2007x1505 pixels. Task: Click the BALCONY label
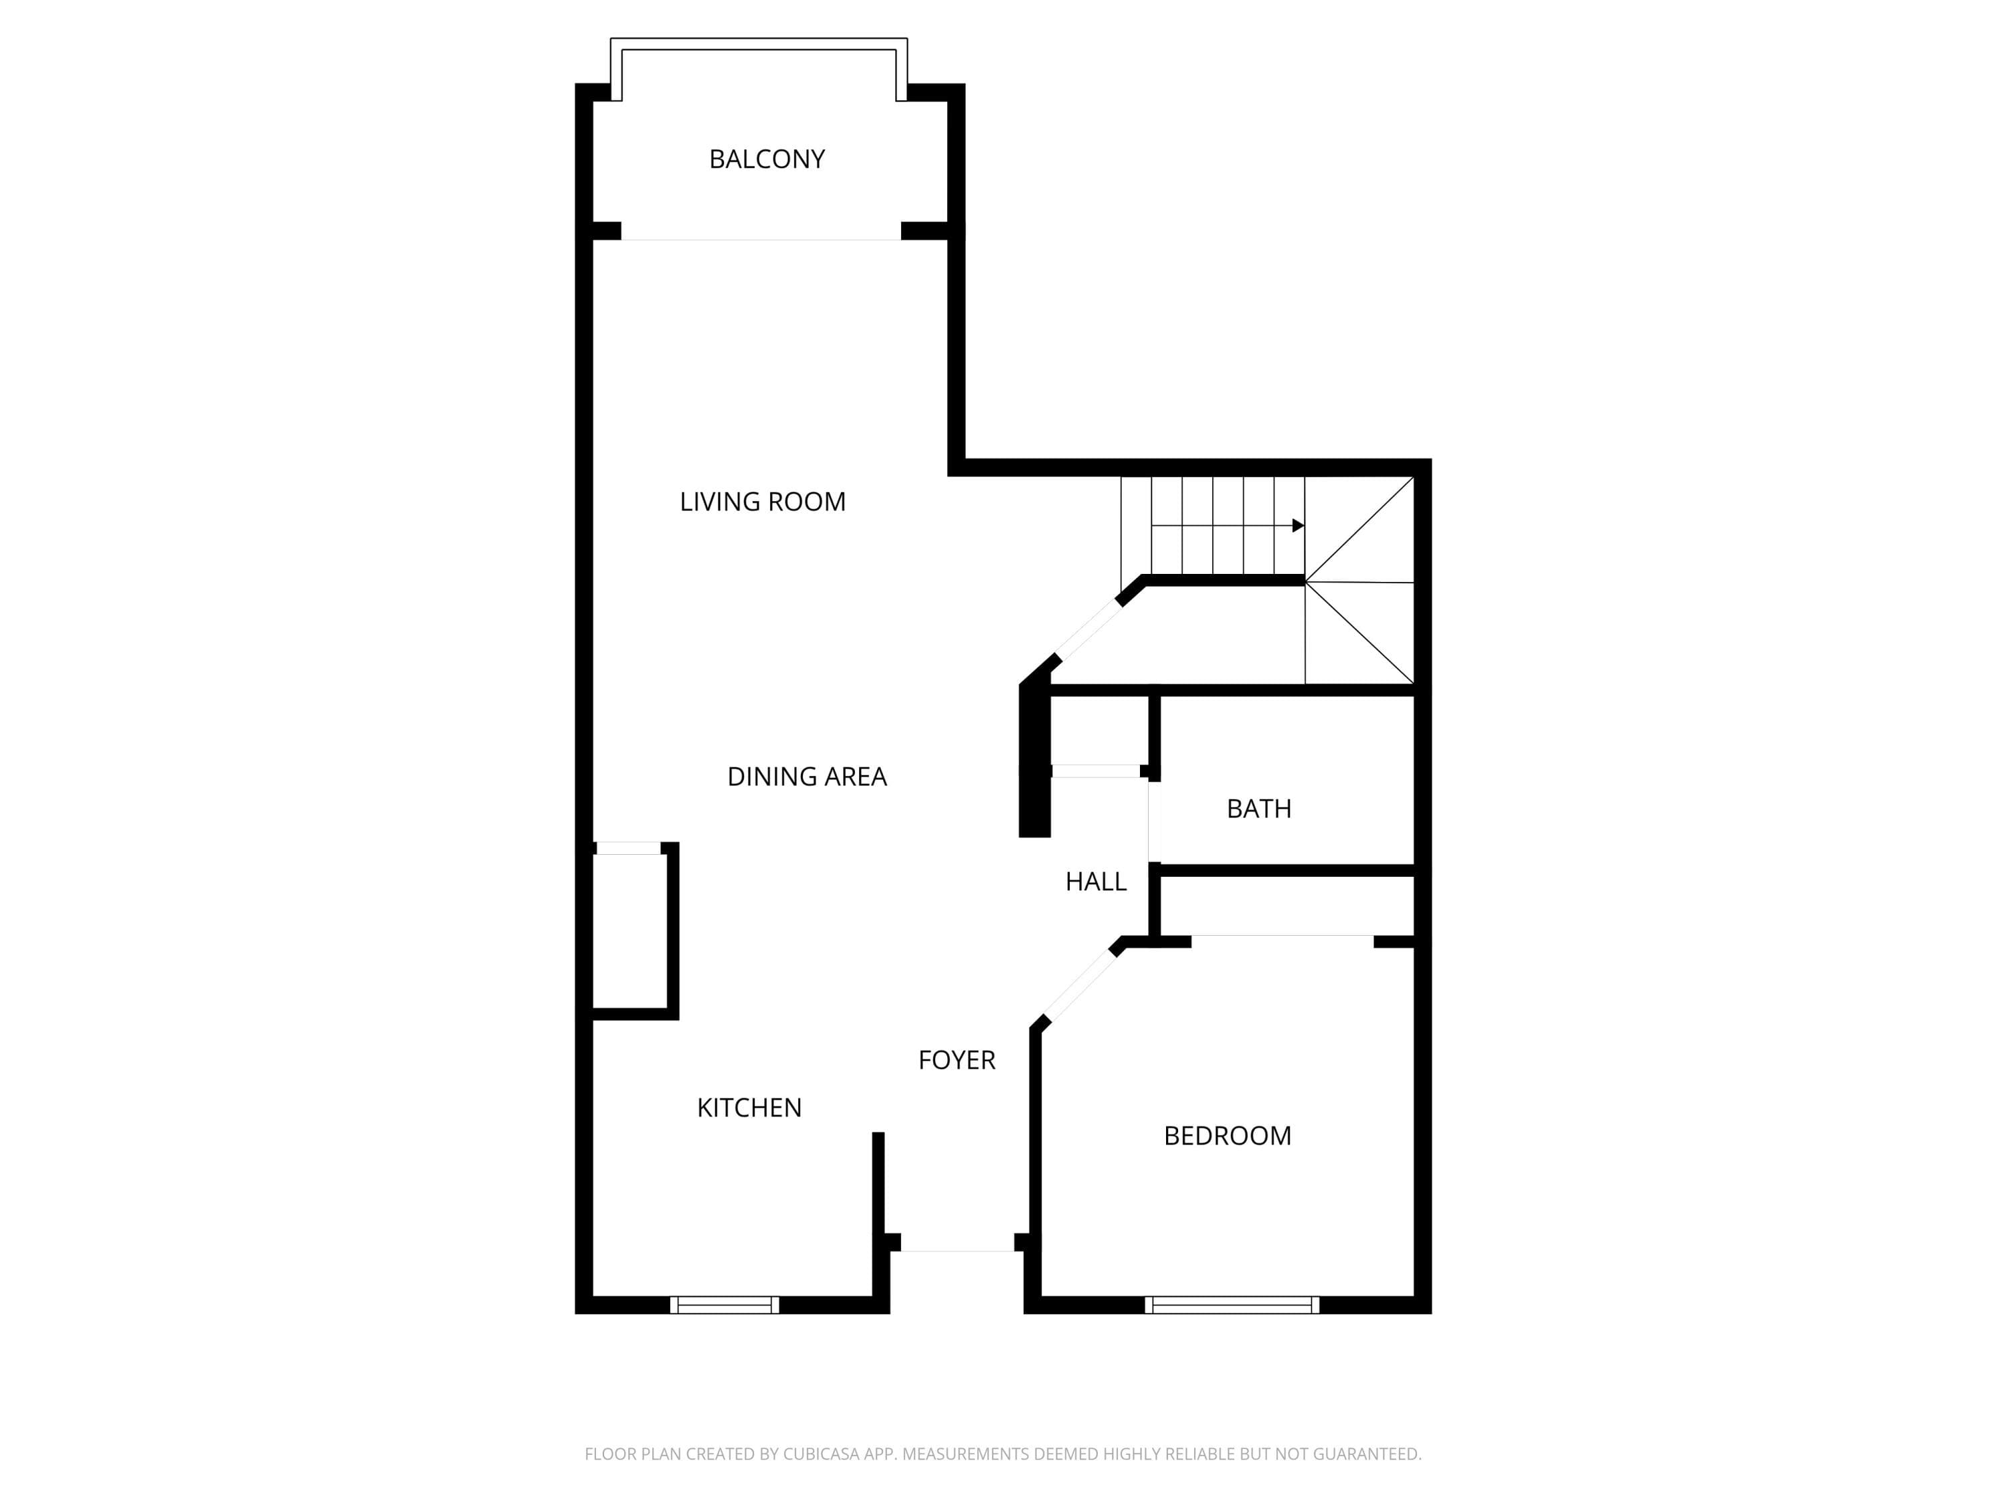point(767,159)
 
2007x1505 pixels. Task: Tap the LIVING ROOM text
point(762,502)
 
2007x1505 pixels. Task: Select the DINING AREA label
point(807,777)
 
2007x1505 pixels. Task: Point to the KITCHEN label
point(749,1108)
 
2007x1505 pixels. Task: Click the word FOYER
point(956,1060)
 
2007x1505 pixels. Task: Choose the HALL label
point(1095,881)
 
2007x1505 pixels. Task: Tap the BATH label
point(1258,808)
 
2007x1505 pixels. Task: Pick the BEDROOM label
point(1227,1136)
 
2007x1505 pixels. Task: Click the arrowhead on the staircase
point(1299,525)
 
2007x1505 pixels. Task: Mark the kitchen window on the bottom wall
point(724,1304)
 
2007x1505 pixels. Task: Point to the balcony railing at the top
point(759,43)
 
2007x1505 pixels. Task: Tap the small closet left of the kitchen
point(631,931)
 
